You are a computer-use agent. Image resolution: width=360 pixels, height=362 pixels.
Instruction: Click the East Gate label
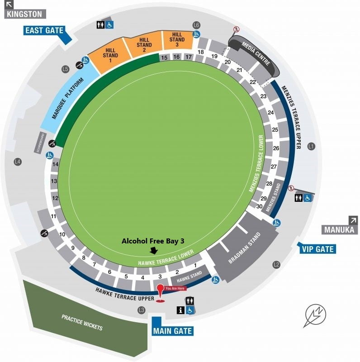pyautogui.click(x=44, y=30)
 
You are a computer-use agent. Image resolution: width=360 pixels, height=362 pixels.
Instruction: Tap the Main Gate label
pyautogui.click(x=172, y=331)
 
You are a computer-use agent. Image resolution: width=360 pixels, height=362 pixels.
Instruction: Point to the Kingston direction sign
pyautogui.click(x=24, y=14)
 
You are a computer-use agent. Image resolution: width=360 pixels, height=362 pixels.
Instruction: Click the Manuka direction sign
pyautogui.click(x=340, y=229)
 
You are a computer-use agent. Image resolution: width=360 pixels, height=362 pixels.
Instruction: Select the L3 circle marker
pyautogui.click(x=142, y=310)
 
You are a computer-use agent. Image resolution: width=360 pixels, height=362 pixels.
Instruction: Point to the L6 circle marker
pyautogui.click(x=196, y=25)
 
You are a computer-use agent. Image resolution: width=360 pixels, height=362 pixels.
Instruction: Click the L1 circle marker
pyautogui.click(x=311, y=146)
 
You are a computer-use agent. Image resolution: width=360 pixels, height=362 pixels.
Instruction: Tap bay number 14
pyautogui.click(x=56, y=164)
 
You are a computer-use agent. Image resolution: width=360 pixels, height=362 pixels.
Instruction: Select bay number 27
pyautogui.click(x=274, y=167)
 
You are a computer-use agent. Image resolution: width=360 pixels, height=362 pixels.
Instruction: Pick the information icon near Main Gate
pyautogui.click(x=181, y=310)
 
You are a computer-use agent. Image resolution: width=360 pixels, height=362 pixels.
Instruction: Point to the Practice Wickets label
pyautogui.click(x=82, y=322)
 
